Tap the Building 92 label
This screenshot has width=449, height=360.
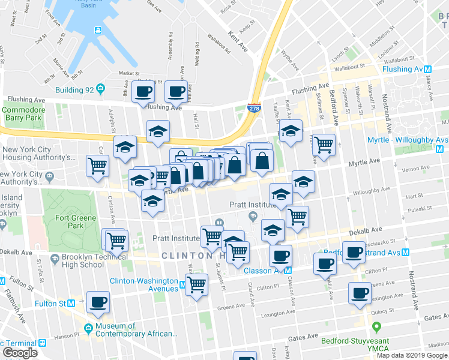pos(74,90)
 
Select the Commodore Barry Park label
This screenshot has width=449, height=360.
pos(23,114)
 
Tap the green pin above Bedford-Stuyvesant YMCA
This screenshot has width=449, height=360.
pos(377,328)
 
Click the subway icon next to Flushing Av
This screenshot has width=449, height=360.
pos(429,69)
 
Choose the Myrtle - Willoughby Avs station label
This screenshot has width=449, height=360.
pos(407,140)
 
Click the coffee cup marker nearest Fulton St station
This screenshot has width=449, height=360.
pos(98,302)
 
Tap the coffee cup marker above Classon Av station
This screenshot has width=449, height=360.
pos(280,256)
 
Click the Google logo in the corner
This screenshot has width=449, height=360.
pos(20,353)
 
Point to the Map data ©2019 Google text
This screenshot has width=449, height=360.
pos(411,355)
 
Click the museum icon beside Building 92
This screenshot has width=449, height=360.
pos(100,89)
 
